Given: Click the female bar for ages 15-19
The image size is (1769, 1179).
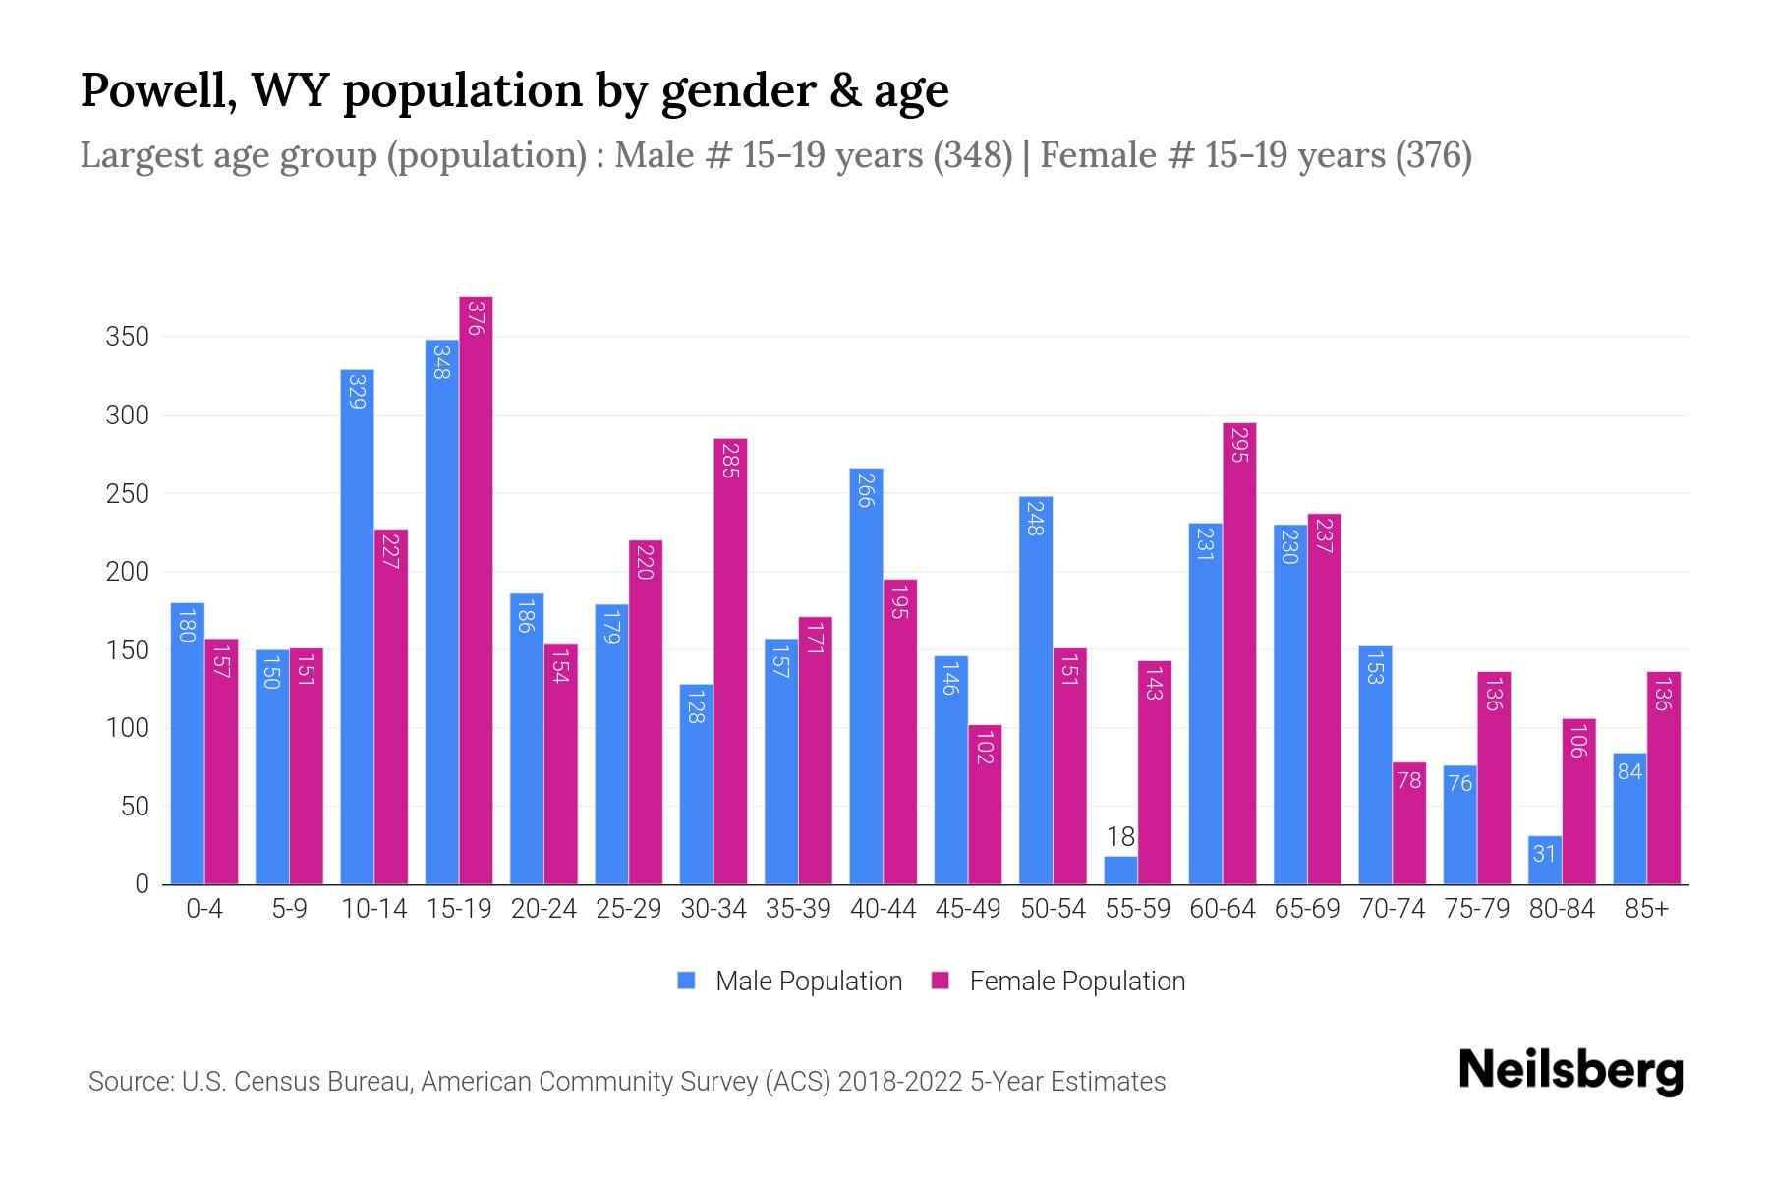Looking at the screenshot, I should point(476,589).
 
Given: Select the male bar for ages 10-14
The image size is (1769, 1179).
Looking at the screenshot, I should point(357,629).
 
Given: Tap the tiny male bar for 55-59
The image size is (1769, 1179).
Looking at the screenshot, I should point(1120,870).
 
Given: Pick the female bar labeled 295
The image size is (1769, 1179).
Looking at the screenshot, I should point(1239,653).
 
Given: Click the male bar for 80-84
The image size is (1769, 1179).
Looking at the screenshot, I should point(1545,861).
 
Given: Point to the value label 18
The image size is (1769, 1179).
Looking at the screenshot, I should point(1120,837).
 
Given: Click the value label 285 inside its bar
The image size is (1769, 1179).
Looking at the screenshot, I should point(729,460).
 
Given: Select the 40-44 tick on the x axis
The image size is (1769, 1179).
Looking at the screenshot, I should point(883,909).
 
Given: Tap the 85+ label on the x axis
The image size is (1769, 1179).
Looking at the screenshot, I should point(1646,909).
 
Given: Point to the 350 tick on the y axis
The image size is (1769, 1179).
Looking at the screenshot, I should point(128,337).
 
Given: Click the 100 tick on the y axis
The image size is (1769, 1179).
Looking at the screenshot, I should point(128,728).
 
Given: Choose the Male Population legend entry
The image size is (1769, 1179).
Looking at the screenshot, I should point(808,982).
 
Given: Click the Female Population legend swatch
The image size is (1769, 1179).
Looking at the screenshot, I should point(941,981).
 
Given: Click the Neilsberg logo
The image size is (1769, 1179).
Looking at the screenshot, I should point(1570,1071).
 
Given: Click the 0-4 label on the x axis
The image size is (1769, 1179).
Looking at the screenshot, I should point(204,909).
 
